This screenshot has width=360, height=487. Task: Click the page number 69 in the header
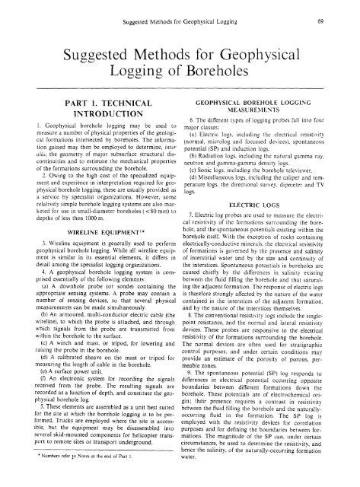point(344,11)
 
